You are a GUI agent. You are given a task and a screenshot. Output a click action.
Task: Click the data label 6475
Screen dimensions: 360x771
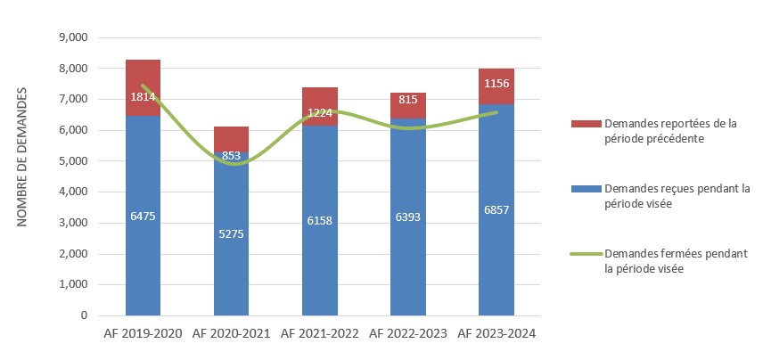[x=143, y=216]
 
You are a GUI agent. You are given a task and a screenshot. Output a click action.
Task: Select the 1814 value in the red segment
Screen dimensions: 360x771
[x=143, y=96]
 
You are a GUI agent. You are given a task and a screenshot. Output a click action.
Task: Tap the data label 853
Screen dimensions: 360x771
[x=231, y=156]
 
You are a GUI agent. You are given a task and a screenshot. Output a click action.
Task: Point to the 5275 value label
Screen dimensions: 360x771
[x=231, y=233]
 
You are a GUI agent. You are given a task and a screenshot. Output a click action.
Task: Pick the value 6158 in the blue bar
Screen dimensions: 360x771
[x=319, y=220]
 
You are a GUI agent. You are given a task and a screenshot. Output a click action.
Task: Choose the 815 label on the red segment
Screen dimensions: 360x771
[x=407, y=100]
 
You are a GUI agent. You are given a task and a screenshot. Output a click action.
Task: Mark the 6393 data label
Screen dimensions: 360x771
[x=407, y=217]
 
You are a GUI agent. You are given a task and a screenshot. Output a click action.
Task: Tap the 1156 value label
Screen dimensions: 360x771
[x=496, y=84]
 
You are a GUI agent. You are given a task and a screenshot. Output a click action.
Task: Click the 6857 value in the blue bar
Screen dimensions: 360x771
[x=496, y=209]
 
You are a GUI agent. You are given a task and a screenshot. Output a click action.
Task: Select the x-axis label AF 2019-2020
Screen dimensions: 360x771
[x=143, y=333]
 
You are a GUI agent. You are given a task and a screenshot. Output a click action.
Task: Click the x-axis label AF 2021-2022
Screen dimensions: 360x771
[x=319, y=333]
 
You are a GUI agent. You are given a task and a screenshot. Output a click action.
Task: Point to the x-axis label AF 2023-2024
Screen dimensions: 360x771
[x=496, y=333]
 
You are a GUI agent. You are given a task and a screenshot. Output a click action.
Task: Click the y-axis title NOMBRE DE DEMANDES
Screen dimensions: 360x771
[x=23, y=157]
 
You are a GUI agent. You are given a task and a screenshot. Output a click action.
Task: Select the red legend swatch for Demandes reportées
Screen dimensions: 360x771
[x=585, y=124]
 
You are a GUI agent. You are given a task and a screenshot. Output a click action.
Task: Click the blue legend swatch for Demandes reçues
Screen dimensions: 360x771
[x=585, y=189]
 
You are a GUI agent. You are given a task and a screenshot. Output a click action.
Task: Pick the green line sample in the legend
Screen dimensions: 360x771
[x=585, y=254]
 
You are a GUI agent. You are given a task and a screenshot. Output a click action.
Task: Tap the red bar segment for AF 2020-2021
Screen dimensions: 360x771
[x=231, y=138]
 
